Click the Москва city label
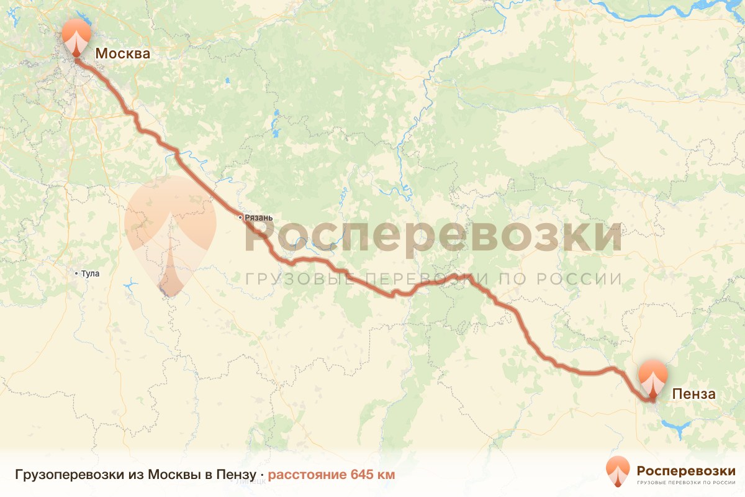(122, 53)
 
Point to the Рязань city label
(259, 217)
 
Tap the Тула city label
(90, 273)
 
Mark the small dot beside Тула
(76, 273)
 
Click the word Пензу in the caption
(236, 475)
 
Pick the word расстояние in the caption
(307, 475)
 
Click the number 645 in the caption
(363, 475)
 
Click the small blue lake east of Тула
(130, 286)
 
